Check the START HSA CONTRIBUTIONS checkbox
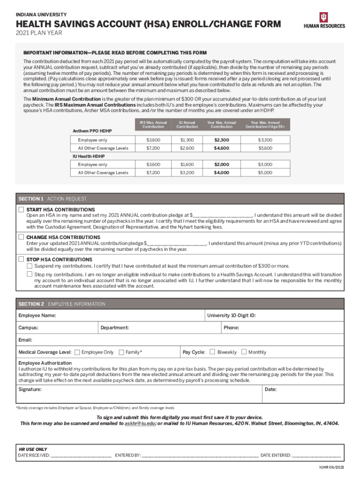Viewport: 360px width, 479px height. [21, 209]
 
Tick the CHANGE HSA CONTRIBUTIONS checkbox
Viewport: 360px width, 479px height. [21, 237]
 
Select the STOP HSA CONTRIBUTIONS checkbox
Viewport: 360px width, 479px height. [21, 259]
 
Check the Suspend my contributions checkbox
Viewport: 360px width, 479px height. [29, 266]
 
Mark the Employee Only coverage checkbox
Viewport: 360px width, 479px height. [77, 352]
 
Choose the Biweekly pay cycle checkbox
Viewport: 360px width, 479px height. [212, 352]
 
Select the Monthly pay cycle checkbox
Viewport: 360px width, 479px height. [244, 352]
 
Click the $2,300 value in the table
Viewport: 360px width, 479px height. [222, 140]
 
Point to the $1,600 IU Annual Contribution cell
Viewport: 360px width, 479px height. [187, 165]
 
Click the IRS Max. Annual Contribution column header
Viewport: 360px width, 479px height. [153, 124]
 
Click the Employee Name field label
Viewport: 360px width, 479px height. [37, 316]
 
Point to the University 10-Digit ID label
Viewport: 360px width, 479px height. [231, 316]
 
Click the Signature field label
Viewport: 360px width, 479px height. [30, 389]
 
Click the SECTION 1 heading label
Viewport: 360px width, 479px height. [31, 199]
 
